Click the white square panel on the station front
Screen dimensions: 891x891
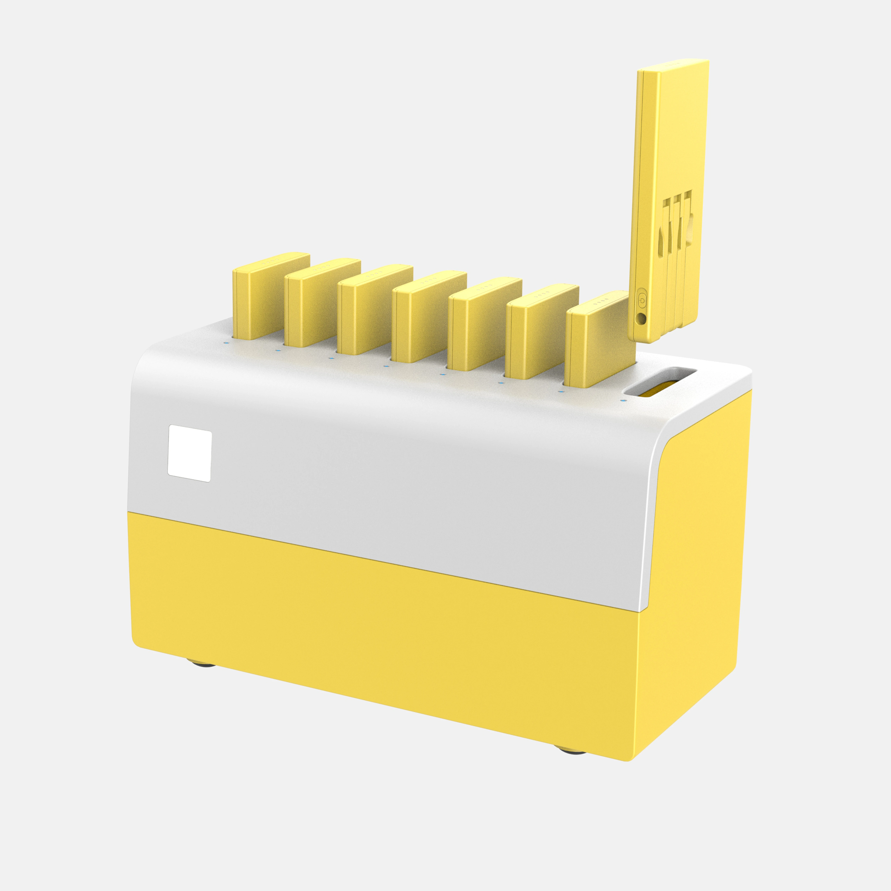(190, 453)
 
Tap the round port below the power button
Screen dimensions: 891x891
(641, 318)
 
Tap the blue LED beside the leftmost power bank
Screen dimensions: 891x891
(225, 342)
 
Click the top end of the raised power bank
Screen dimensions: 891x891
(673, 64)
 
